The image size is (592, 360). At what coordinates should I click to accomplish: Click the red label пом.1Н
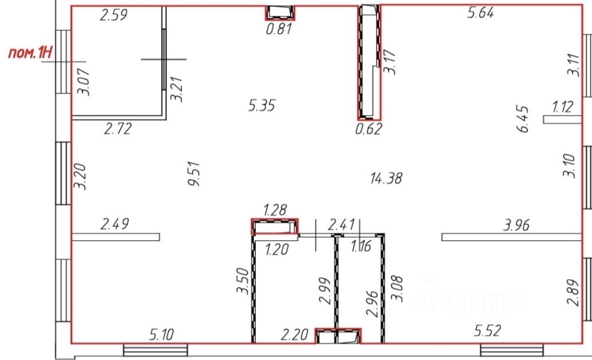click(30, 53)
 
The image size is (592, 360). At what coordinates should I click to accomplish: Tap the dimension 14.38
click(386, 178)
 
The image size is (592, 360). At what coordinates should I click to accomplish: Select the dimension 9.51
click(194, 174)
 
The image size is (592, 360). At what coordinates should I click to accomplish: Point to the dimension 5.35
click(262, 105)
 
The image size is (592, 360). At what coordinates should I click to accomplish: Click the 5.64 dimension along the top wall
click(481, 13)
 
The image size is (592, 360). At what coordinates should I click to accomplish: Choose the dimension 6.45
click(523, 119)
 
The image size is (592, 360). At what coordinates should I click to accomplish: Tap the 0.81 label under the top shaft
click(279, 29)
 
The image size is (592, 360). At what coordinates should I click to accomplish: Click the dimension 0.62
click(368, 129)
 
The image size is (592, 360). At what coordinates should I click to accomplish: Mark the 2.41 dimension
click(342, 225)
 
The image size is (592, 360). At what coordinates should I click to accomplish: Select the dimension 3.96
click(516, 225)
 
